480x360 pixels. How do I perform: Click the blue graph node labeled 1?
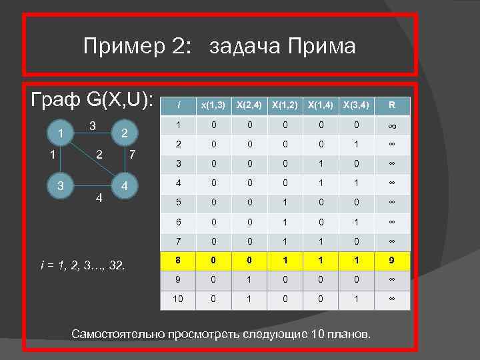pos(61,133)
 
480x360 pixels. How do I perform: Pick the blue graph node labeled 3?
pos(61,184)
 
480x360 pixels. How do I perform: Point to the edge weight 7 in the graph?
pos(133,155)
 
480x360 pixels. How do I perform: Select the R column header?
pos(392,105)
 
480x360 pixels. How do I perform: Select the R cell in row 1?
pos(392,125)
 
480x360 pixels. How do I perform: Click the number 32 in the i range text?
pos(119,267)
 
